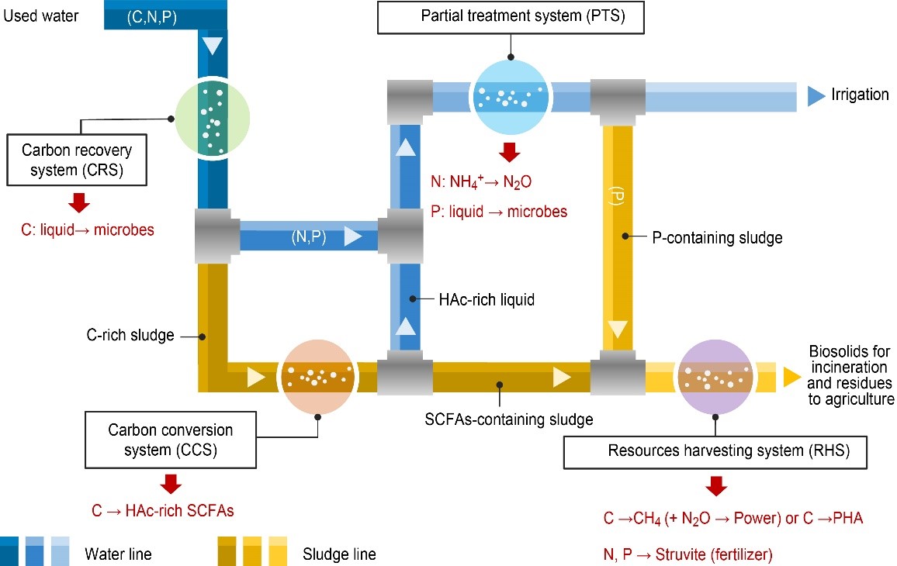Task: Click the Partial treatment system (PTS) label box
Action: (511, 16)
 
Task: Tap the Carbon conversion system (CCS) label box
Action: (171, 439)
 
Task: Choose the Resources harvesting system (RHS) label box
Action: (715, 450)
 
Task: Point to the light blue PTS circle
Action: (510, 94)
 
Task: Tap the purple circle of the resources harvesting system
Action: (715, 377)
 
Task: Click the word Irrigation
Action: (860, 95)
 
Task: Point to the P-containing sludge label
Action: (717, 238)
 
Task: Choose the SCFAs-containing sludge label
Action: (509, 420)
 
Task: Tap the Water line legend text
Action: (119, 554)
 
